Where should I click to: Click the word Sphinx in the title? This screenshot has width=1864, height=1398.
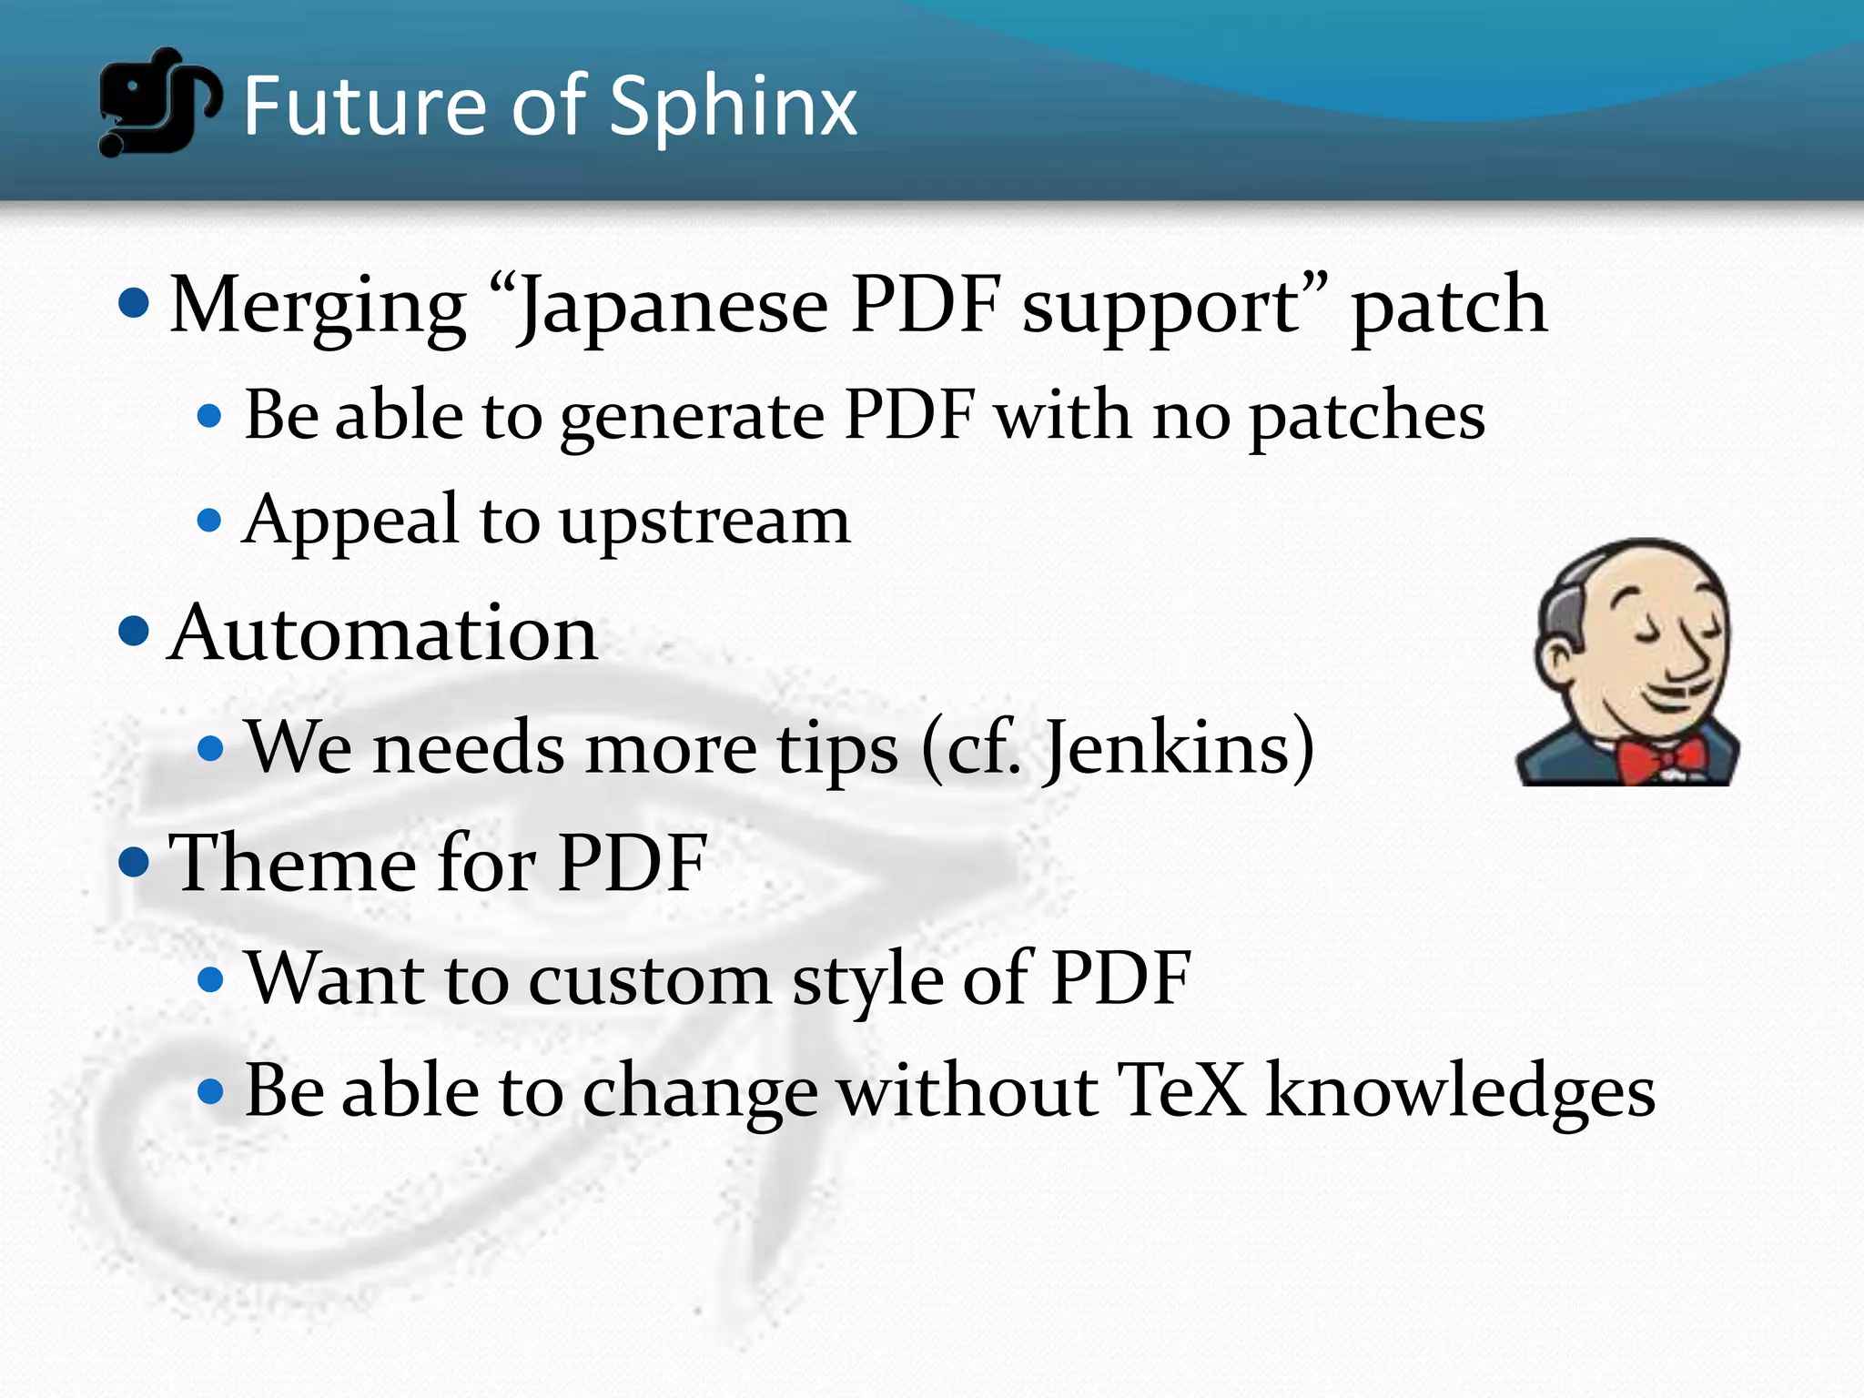(733, 107)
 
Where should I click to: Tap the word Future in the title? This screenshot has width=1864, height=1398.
(364, 106)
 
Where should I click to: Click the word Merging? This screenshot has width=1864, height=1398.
(319, 308)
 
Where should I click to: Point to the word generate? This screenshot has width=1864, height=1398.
(693, 417)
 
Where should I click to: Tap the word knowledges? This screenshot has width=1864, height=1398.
(1460, 1092)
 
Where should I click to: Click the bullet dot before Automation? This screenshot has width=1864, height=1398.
(134, 631)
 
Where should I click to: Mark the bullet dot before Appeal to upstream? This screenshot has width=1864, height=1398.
(209, 521)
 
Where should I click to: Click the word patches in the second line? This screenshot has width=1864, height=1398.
(1366, 417)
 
